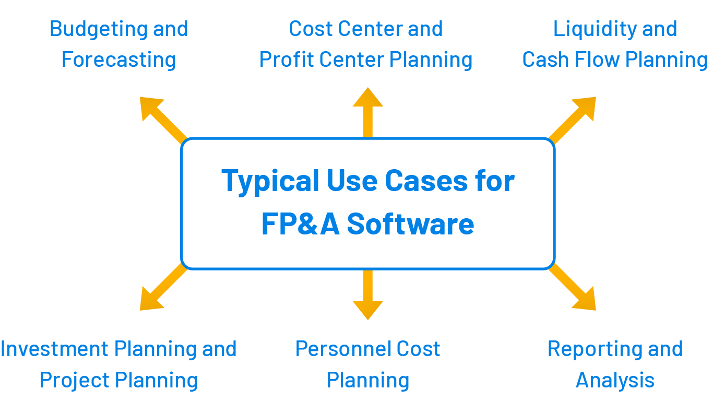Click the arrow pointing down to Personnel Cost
(x=368, y=296)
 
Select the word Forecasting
(x=119, y=60)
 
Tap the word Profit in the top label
(x=287, y=60)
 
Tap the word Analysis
(x=615, y=380)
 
